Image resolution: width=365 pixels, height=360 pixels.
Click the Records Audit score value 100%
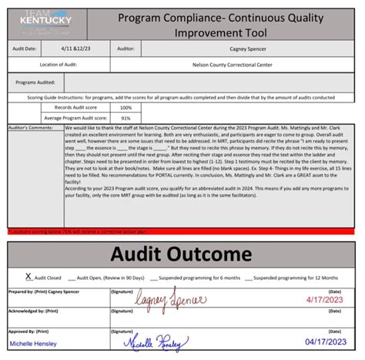pyautogui.click(x=126, y=107)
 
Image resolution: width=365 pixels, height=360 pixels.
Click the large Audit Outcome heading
pyautogui.click(x=183, y=255)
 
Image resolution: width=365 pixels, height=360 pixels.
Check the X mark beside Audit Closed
pyautogui.click(x=28, y=274)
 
